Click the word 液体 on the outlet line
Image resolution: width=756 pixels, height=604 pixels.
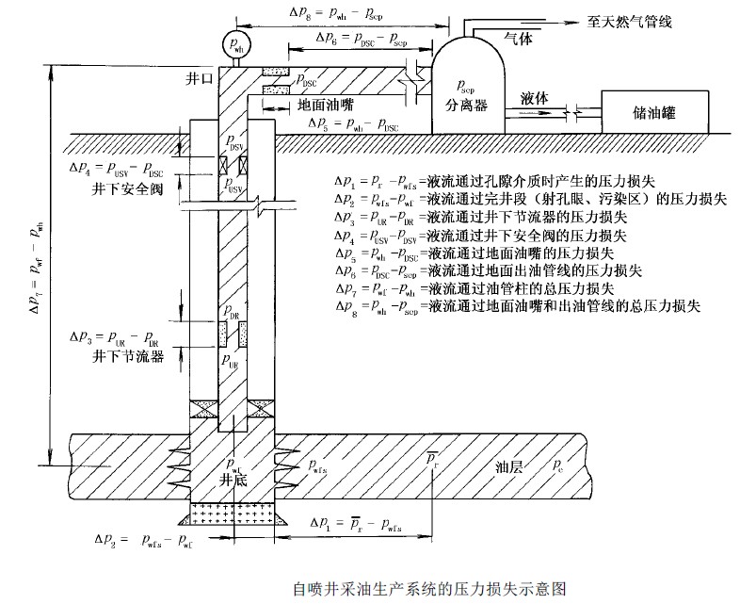pos(535,97)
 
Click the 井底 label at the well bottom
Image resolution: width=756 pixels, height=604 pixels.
pos(233,479)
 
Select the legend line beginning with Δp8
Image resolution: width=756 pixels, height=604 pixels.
pos(516,306)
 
